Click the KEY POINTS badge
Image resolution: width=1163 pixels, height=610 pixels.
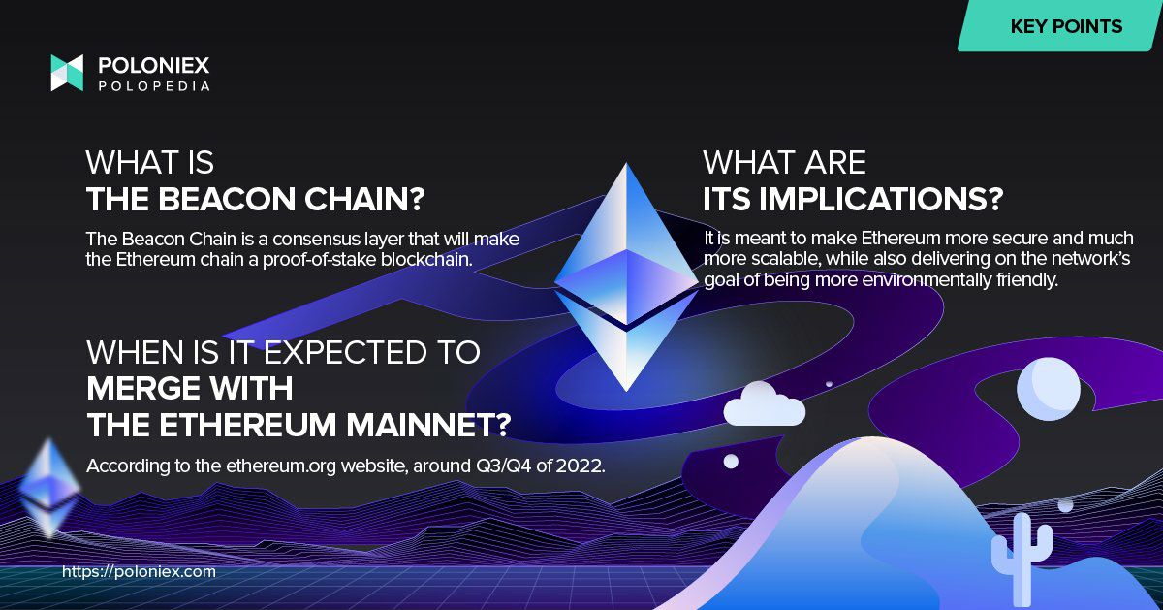click(1059, 26)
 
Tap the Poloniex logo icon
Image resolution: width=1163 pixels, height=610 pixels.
click(67, 73)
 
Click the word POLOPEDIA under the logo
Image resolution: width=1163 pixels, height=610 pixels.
click(154, 86)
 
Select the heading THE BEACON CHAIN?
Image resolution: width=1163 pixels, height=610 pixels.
click(256, 199)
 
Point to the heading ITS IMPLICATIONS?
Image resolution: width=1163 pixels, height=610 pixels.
click(853, 199)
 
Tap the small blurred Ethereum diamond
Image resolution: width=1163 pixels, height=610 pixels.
click(49, 488)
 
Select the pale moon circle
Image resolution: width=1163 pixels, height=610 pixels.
click(1049, 389)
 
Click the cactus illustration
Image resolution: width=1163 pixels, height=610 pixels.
click(1022, 557)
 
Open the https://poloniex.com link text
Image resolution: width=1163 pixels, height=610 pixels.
click(139, 571)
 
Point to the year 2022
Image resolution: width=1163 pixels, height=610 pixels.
click(581, 466)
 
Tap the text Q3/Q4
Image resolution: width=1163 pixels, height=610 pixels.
click(503, 466)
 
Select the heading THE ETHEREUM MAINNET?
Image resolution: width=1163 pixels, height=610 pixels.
click(299, 425)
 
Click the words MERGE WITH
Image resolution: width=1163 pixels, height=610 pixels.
click(190, 388)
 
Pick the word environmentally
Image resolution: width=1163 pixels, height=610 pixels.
click(926, 280)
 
